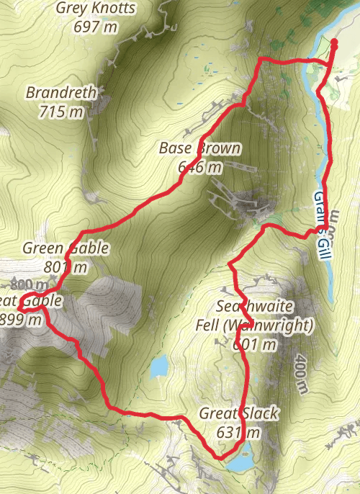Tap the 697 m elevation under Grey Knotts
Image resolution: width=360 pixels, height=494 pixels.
pyautogui.click(x=95, y=27)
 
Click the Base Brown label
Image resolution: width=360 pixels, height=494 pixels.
pyautogui.click(x=199, y=149)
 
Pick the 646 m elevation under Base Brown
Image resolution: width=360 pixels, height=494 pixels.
pyautogui.click(x=199, y=167)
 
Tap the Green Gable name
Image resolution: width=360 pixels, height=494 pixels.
pyautogui.click(x=66, y=248)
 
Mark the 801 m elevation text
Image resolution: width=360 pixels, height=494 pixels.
pyautogui.click(x=66, y=267)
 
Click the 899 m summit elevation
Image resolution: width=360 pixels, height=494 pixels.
pyautogui.click(x=22, y=320)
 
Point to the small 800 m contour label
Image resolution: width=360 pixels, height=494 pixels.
pyautogui.click(x=24, y=284)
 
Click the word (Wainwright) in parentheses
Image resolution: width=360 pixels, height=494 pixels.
pyautogui.click(x=269, y=325)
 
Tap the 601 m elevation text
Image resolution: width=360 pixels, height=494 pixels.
pyautogui.click(x=255, y=344)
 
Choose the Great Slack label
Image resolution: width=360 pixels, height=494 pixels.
pyautogui.click(x=238, y=414)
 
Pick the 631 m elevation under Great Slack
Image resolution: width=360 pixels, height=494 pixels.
pyautogui.click(x=238, y=433)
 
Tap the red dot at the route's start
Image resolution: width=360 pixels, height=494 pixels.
pyautogui.click(x=334, y=43)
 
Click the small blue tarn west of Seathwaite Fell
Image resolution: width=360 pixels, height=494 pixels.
pyautogui.click(x=158, y=366)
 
